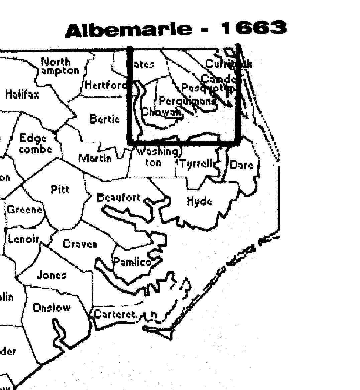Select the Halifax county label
22,94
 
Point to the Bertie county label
104,119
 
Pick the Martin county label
95,158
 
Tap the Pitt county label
60,189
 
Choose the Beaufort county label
119,197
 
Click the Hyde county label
199,202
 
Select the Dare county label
241,165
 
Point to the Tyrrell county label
197,164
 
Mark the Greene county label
25,210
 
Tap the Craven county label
80,244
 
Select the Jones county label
51,275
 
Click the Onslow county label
52,307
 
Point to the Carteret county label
116,314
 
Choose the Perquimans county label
187,100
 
